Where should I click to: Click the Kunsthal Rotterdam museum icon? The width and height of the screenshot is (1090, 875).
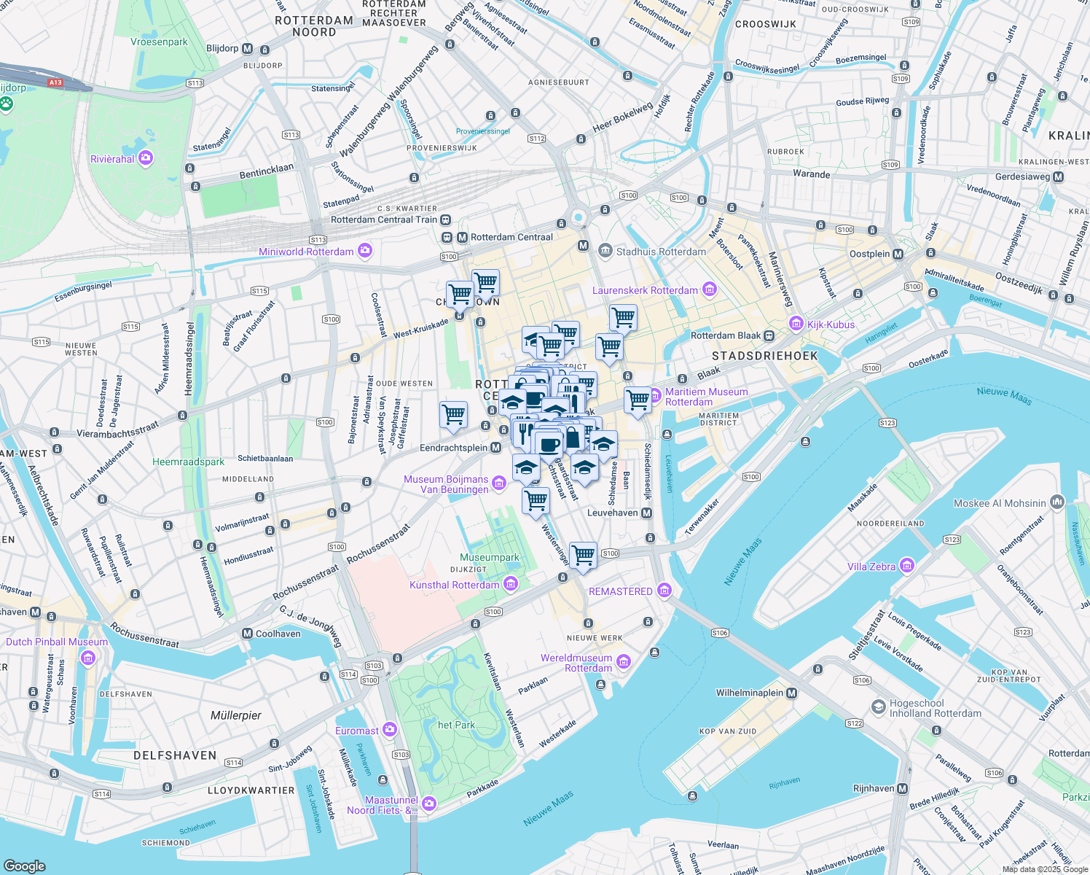pyautogui.click(x=511, y=584)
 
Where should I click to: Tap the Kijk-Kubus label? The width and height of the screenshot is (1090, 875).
pyautogui.click(x=831, y=324)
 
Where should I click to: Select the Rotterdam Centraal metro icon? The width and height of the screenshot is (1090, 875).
pyautogui.click(x=462, y=237)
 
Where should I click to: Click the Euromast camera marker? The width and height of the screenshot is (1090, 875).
pyautogui.click(x=390, y=730)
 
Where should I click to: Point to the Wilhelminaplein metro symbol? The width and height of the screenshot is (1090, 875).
pyautogui.click(x=792, y=693)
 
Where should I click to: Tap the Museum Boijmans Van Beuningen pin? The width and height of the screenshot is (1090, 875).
pyautogui.click(x=499, y=483)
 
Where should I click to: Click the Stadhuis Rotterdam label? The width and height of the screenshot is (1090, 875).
pyautogui.click(x=661, y=252)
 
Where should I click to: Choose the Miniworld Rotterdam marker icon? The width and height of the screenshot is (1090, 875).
pyautogui.click(x=365, y=252)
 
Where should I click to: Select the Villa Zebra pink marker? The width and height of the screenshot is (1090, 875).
pyautogui.click(x=906, y=566)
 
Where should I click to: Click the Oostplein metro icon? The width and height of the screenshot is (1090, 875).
pyautogui.click(x=898, y=254)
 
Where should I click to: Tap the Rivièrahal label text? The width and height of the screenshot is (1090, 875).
pyautogui.click(x=112, y=159)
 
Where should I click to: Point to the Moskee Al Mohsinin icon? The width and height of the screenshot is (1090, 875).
pyautogui.click(x=1057, y=502)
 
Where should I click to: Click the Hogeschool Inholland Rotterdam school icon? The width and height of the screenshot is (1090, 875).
pyautogui.click(x=879, y=707)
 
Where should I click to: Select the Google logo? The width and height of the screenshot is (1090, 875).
pyautogui.click(x=25, y=866)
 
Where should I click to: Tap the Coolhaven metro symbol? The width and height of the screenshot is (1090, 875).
pyautogui.click(x=247, y=634)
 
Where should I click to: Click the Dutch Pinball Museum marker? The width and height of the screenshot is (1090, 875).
pyautogui.click(x=88, y=658)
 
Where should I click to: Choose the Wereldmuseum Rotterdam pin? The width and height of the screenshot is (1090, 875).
pyautogui.click(x=623, y=662)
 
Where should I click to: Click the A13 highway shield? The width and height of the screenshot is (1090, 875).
pyautogui.click(x=55, y=82)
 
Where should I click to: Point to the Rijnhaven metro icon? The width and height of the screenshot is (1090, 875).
pyautogui.click(x=903, y=788)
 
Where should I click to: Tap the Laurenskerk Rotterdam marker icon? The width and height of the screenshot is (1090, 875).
pyautogui.click(x=709, y=290)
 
